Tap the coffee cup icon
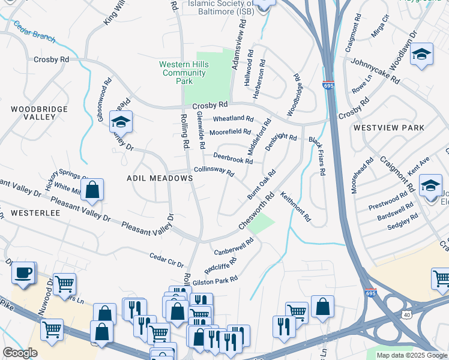pos(23,273)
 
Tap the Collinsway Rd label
pos(213,171)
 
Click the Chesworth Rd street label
pos(256,211)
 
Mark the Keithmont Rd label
pos(295,205)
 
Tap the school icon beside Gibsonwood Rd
pos(121,122)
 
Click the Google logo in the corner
pos(20,353)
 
